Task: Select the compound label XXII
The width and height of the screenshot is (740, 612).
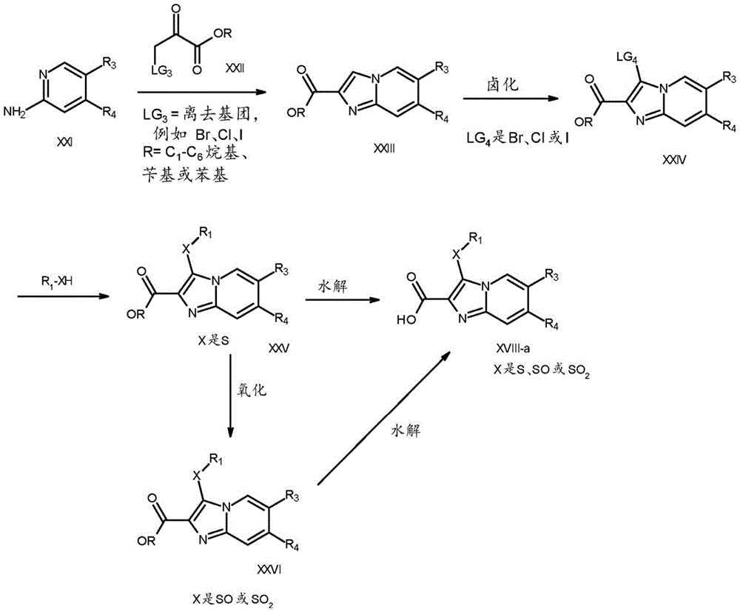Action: coord(237,67)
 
